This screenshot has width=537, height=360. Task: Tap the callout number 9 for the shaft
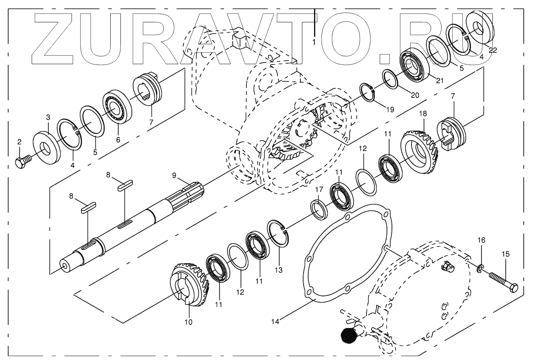click(x=174, y=175)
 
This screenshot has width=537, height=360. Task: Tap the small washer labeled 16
click(x=480, y=269)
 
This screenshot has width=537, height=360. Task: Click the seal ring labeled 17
click(x=320, y=209)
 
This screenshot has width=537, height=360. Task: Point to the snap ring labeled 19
click(x=367, y=92)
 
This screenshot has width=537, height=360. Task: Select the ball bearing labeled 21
click(x=414, y=65)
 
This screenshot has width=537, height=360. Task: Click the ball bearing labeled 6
click(x=118, y=107)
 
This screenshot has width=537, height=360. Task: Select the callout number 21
click(x=440, y=81)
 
